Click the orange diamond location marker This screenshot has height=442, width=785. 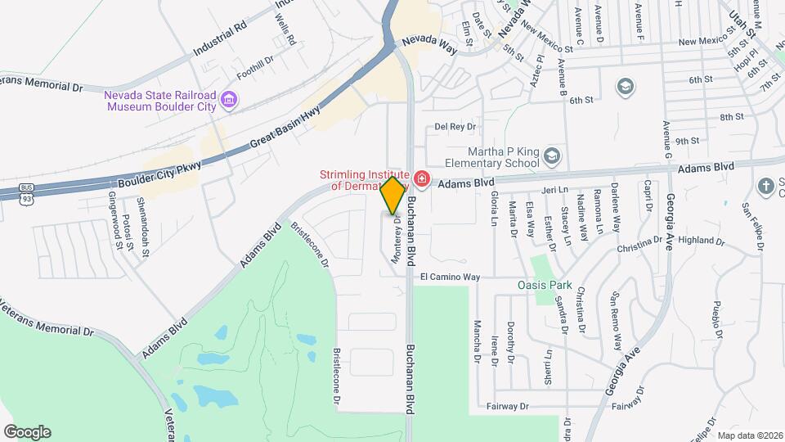tap(392, 195)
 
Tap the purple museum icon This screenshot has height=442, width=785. tap(230, 101)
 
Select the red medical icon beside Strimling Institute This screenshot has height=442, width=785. tap(421, 178)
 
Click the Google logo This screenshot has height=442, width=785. tap(27, 431)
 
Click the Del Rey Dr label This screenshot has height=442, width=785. tap(455, 127)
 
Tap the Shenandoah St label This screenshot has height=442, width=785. tap(143, 227)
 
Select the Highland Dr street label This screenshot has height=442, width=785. tap(702, 241)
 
